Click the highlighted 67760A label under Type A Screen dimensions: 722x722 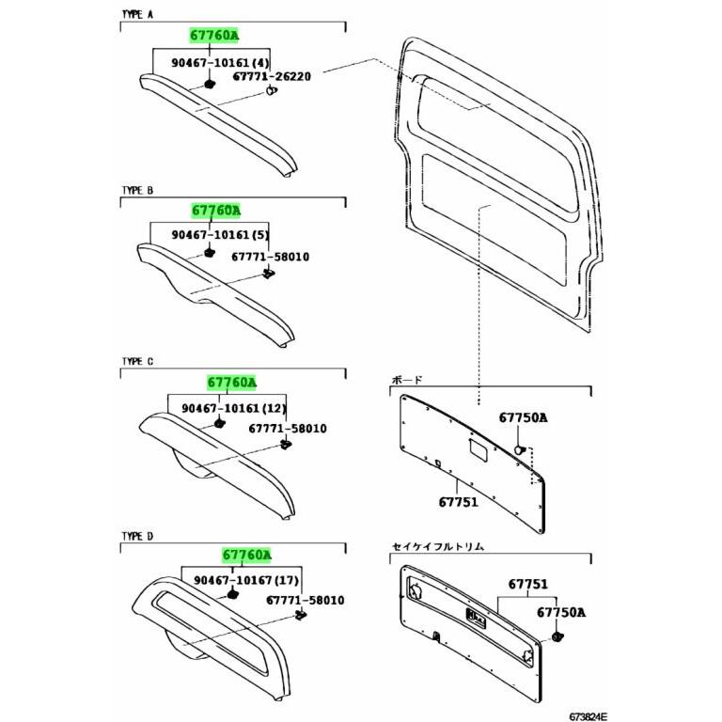point(214,35)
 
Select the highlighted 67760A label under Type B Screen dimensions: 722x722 point(216,211)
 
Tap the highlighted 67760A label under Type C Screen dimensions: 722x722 point(231,383)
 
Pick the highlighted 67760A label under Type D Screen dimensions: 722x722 point(247,555)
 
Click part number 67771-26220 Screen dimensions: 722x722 point(272,76)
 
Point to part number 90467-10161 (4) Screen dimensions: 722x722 point(221,62)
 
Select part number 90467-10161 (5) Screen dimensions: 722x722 point(220,234)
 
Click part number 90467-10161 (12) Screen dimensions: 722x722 point(234,408)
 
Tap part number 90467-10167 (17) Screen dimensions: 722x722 point(246,580)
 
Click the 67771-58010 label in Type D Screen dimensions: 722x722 point(306,600)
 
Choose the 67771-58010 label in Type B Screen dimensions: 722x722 point(271,257)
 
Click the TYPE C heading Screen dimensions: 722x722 point(137,361)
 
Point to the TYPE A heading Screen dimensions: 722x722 point(137,14)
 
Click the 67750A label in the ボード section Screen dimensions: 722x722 point(524,417)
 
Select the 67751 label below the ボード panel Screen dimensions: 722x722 point(458,501)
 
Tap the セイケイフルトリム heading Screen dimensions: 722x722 point(438,546)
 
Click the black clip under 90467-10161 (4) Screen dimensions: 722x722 point(210,85)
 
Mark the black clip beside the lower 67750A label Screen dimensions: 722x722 point(558,637)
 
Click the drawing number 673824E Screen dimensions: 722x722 point(588,716)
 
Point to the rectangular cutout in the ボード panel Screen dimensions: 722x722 point(479,450)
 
